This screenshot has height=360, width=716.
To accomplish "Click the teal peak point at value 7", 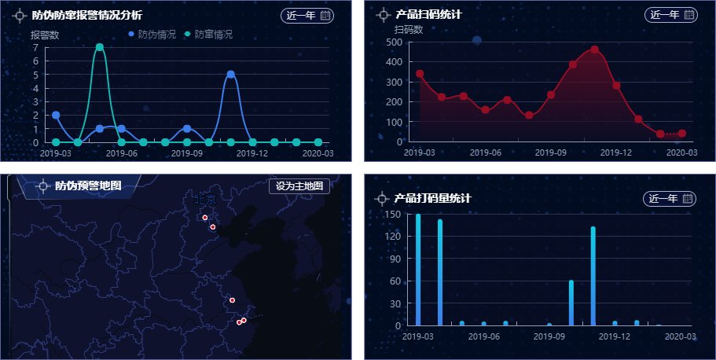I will [x=100, y=47].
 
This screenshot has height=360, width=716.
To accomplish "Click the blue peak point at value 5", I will [x=230, y=75].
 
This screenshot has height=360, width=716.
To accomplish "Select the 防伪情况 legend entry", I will [x=152, y=35].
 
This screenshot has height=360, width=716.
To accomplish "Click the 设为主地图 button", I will [x=299, y=186].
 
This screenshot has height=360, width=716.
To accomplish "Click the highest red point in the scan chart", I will [x=594, y=50].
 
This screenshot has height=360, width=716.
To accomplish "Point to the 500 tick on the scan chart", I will [x=395, y=42].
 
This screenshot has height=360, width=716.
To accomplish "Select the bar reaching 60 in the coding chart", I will [x=571, y=303].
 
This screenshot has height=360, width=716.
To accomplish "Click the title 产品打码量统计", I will [x=433, y=199].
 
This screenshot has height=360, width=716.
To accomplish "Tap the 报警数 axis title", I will [x=45, y=35].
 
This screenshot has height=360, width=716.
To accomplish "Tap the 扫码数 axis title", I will [x=409, y=30].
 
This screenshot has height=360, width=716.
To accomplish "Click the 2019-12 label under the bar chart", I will [x=615, y=336].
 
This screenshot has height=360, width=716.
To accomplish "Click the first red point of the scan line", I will [x=420, y=74].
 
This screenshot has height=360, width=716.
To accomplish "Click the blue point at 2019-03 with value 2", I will [x=56, y=115].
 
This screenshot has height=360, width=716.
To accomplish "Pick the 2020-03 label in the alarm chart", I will [x=318, y=154].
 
